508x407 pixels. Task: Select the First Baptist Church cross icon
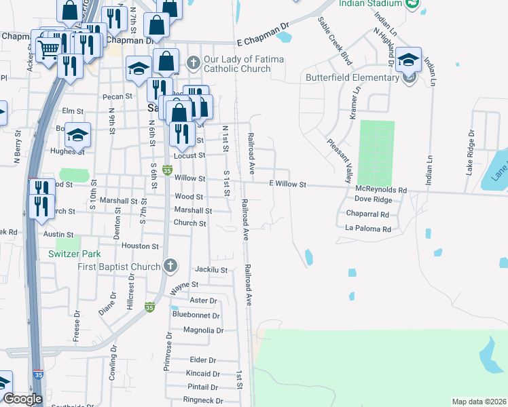pyautogui.click(x=170, y=265)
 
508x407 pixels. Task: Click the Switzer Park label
pyautogui.click(x=75, y=254)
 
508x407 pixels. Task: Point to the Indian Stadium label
pyautogui.click(x=372, y=4)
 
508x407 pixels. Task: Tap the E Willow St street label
pyautogui.click(x=289, y=185)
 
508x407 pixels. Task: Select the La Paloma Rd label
pyautogui.click(x=368, y=229)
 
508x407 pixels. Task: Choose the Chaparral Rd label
pyautogui.click(x=367, y=214)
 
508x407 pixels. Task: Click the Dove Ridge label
pyautogui.click(x=374, y=200)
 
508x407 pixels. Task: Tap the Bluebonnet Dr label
pyautogui.click(x=196, y=315)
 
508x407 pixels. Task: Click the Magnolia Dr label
pyautogui.click(x=203, y=330)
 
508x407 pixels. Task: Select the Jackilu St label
pyautogui.click(x=211, y=270)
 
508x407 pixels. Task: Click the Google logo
pyautogui.click(x=22, y=399)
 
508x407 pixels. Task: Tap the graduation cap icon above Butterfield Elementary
pyautogui.click(x=408, y=60)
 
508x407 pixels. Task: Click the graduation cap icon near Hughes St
pyautogui.click(x=78, y=134)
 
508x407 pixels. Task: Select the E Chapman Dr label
pyautogui.click(x=261, y=33)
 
